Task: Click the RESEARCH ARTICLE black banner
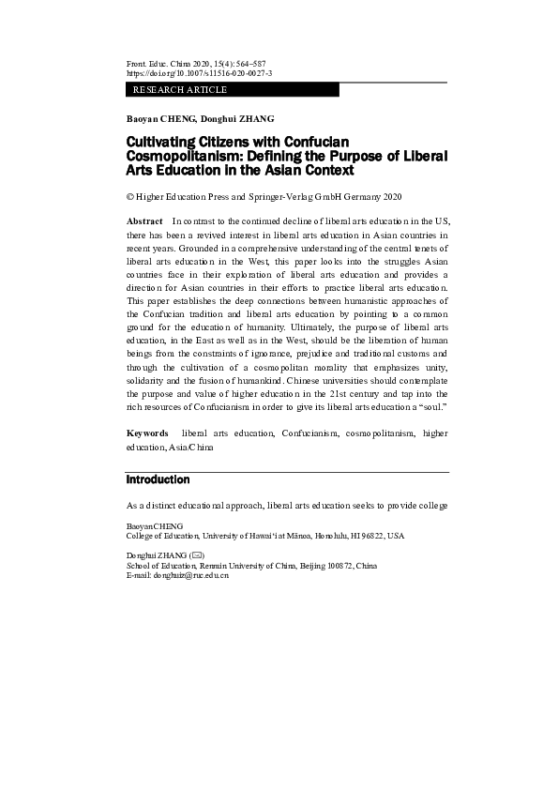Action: click(232, 90)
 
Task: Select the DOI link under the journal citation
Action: click(199, 72)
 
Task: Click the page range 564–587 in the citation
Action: click(249, 62)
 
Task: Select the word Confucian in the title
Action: click(296, 141)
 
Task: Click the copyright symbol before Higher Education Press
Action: click(130, 198)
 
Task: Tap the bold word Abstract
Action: click(144, 220)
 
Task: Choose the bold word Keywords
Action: click(148, 433)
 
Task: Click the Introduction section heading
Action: click(158, 479)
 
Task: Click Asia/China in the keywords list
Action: click(192, 448)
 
